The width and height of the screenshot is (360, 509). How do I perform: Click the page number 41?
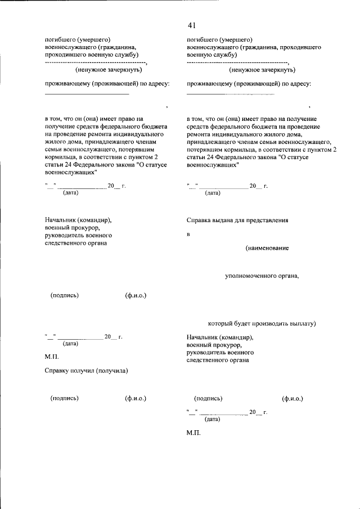[192, 26]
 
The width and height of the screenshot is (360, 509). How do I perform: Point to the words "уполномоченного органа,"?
[262, 276]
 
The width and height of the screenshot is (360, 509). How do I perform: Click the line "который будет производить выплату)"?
[262, 323]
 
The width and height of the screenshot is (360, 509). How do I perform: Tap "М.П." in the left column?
[51, 357]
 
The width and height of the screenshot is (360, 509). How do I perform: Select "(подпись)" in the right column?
[208, 398]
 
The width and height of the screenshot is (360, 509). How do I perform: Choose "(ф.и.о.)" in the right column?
[292, 398]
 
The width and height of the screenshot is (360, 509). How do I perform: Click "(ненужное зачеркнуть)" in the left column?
[109, 70]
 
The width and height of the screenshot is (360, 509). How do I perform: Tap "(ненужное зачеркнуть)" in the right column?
[262, 70]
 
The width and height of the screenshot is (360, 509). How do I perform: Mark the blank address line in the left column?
[87, 94]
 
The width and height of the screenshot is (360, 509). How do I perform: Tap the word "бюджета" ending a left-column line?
[155, 127]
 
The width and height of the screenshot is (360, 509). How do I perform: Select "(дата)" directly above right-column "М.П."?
[213, 419]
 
